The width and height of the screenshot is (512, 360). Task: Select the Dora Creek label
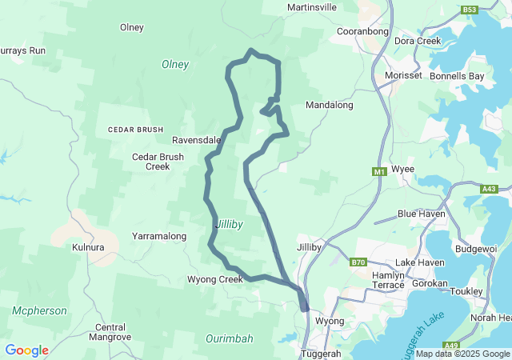418,41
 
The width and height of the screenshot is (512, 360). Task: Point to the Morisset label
403,75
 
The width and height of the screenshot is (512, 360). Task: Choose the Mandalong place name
330,105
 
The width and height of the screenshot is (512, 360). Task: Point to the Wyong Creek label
214,279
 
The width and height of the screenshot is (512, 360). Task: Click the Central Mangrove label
110,332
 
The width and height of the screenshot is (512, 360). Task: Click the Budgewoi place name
477,249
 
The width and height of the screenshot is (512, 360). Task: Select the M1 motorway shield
379,171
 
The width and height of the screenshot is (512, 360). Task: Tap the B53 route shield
470,10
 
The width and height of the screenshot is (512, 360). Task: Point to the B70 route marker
358,262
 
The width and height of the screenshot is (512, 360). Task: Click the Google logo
26,350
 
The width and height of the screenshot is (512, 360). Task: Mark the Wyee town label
402,170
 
